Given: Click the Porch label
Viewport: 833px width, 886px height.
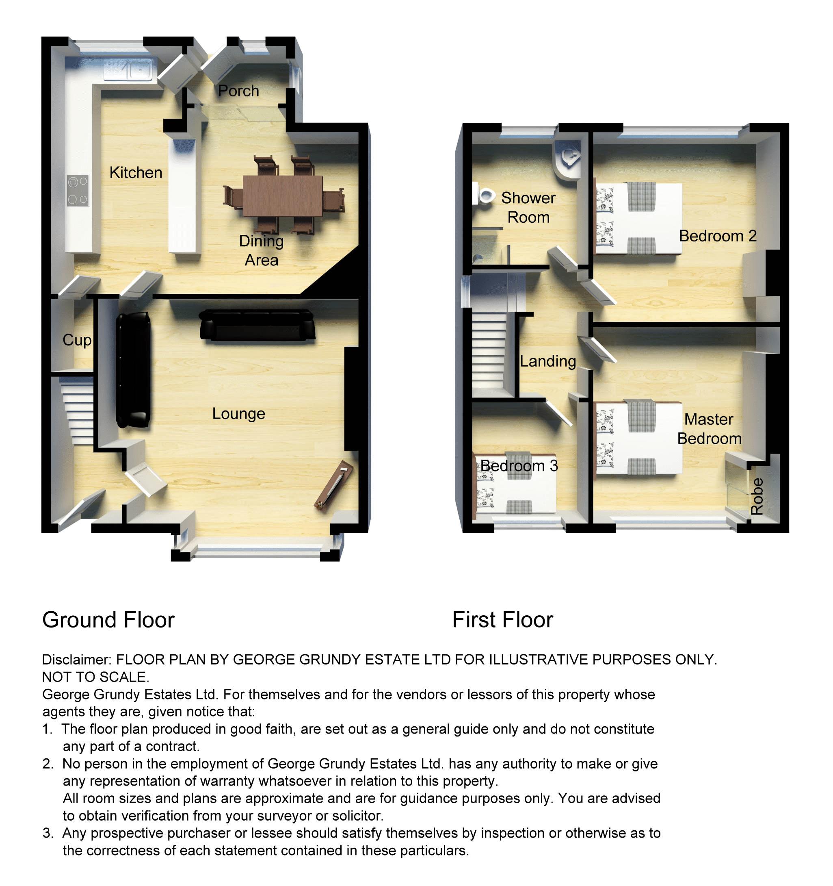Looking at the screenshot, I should click(238, 91).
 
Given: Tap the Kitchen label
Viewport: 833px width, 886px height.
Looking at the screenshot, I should click(136, 172).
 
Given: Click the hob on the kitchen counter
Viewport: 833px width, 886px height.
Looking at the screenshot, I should click(78, 190).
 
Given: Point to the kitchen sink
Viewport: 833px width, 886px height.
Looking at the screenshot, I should click(128, 70).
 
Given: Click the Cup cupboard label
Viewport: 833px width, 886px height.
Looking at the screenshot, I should click(77, 340).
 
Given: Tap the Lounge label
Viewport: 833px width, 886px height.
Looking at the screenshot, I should click(238, 414).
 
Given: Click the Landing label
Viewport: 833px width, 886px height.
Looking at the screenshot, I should click(547, 361).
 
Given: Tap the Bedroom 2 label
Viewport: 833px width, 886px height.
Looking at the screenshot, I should click(717, 236).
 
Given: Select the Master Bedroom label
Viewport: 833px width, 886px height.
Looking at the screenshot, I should click(709, 429).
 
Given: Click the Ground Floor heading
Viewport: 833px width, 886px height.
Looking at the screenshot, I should click(108, 620).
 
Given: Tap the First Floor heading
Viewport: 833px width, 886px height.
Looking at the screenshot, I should click(502, 620).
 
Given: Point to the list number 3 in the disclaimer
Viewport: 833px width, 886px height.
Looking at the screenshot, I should click(47, 833).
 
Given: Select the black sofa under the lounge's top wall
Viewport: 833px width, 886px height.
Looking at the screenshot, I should click(257, 326).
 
